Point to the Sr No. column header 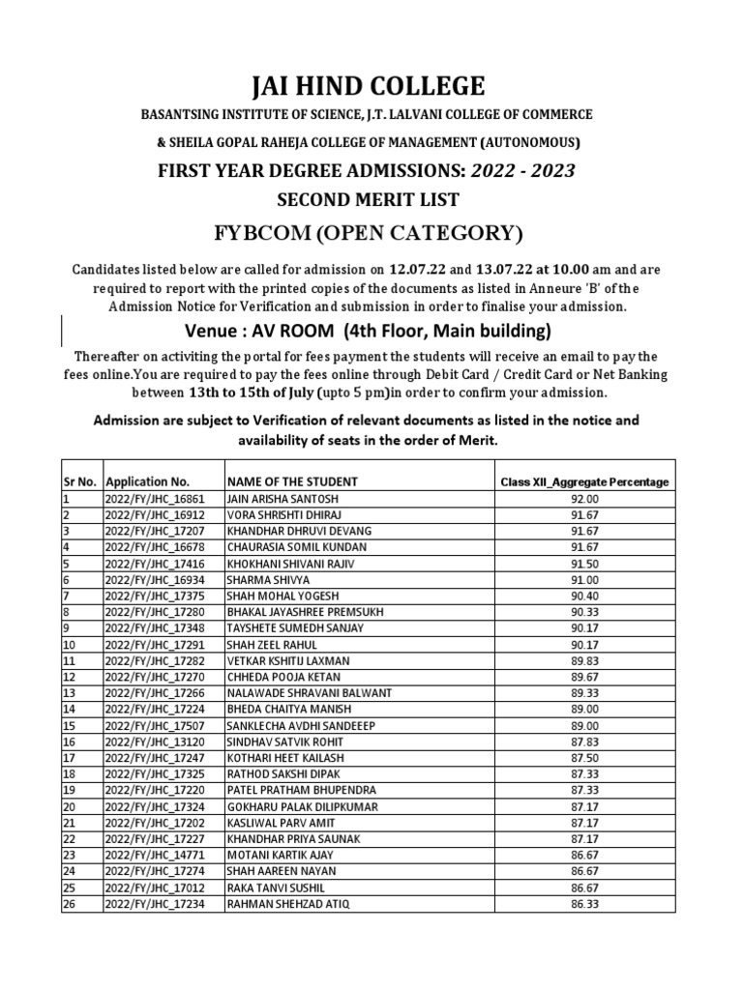coord(79,481)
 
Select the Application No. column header coord(148,481)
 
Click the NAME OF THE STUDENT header coord(292,481)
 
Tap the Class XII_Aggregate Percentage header coord(584,481)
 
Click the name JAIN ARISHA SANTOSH coord(277,498)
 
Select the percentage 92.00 coord(585,498)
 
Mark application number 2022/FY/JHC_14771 coord(155,856)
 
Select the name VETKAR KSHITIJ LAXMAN coord(287,659)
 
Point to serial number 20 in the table coord(69,805)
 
